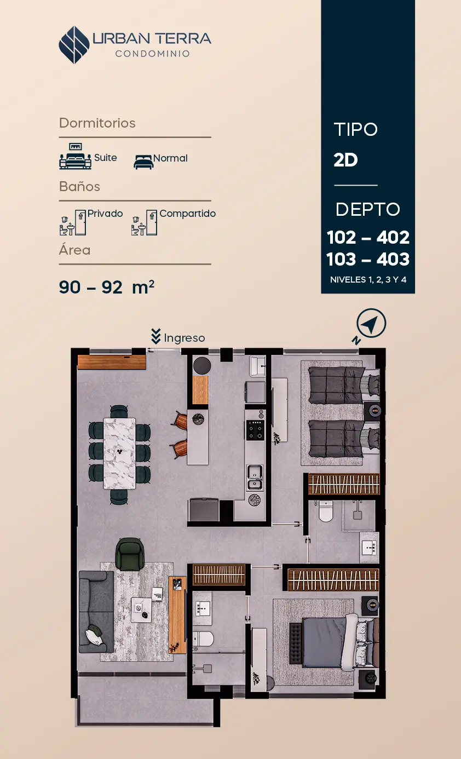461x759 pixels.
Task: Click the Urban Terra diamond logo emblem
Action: tap(74, 45)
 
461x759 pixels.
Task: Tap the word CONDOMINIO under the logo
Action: tap(152, 54)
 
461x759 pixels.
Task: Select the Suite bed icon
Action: tap(75, 156)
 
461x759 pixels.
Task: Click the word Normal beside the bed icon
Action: tap(170, 158)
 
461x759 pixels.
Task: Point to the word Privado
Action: tap(105, 214)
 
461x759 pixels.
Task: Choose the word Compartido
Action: tap(187, 214)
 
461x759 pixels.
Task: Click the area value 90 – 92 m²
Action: tap(107, 287)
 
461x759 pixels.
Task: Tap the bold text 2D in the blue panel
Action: tap(345, 160)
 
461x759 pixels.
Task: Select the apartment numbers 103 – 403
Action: tap(368, 259)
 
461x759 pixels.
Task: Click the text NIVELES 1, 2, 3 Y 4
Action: tap(368, 280)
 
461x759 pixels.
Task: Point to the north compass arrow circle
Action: tap(371, 323)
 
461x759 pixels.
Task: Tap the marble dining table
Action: tap(119, 453)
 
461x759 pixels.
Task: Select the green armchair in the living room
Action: tap(130, 554)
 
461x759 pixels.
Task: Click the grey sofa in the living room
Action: tap(96, 612)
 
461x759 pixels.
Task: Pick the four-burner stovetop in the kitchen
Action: tap(255, 430)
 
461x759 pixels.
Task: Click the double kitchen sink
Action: tap(255, 477)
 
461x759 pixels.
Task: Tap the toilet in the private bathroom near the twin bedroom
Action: tap(326, 511)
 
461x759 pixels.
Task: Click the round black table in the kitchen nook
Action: tap(202, 366)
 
